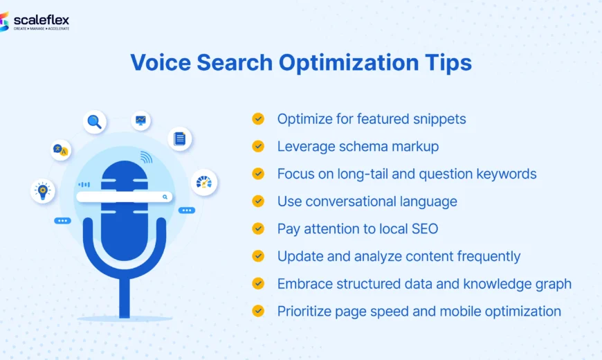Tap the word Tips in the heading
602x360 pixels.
coord(448,63)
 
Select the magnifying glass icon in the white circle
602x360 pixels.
coord(95,123)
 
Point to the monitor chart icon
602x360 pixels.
coord(141,120)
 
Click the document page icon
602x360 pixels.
coord(180,139)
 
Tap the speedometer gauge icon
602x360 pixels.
coord(204,182)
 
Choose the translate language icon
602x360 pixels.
coord(61,150)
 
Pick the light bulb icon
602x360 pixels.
coord(43,190)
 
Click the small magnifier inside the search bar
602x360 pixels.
coord(165,197)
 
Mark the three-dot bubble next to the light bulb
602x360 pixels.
coord(63,221)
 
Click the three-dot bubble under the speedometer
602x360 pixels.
coord(186,210)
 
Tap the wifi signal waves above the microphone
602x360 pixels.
coord(146,157)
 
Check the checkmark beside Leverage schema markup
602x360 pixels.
coord(258,146)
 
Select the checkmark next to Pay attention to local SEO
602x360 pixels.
coord(258,228)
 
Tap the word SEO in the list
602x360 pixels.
coord(423,228)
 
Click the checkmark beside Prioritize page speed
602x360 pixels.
coord(258,311)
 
